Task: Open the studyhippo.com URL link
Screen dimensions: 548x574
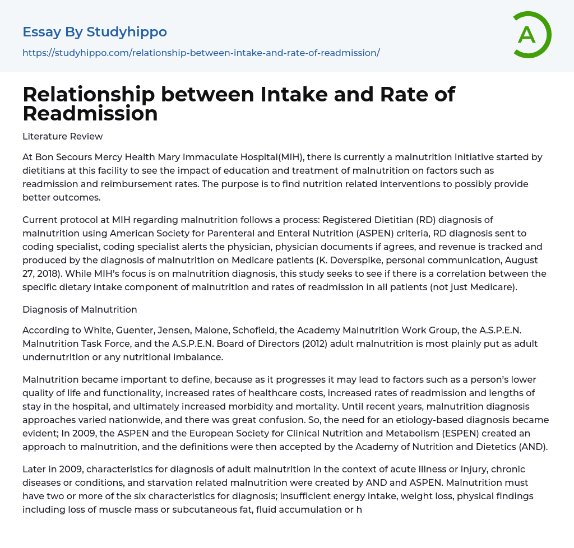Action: click(201, 53)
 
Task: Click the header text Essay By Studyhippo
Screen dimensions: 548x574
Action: click(95, 32)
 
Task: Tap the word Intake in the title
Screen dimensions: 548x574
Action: click(296, 94)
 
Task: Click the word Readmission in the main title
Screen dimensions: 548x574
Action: click(90, 113)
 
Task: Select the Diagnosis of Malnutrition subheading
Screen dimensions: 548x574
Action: click(80, 309)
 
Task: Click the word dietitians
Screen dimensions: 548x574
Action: click(45, 170)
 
